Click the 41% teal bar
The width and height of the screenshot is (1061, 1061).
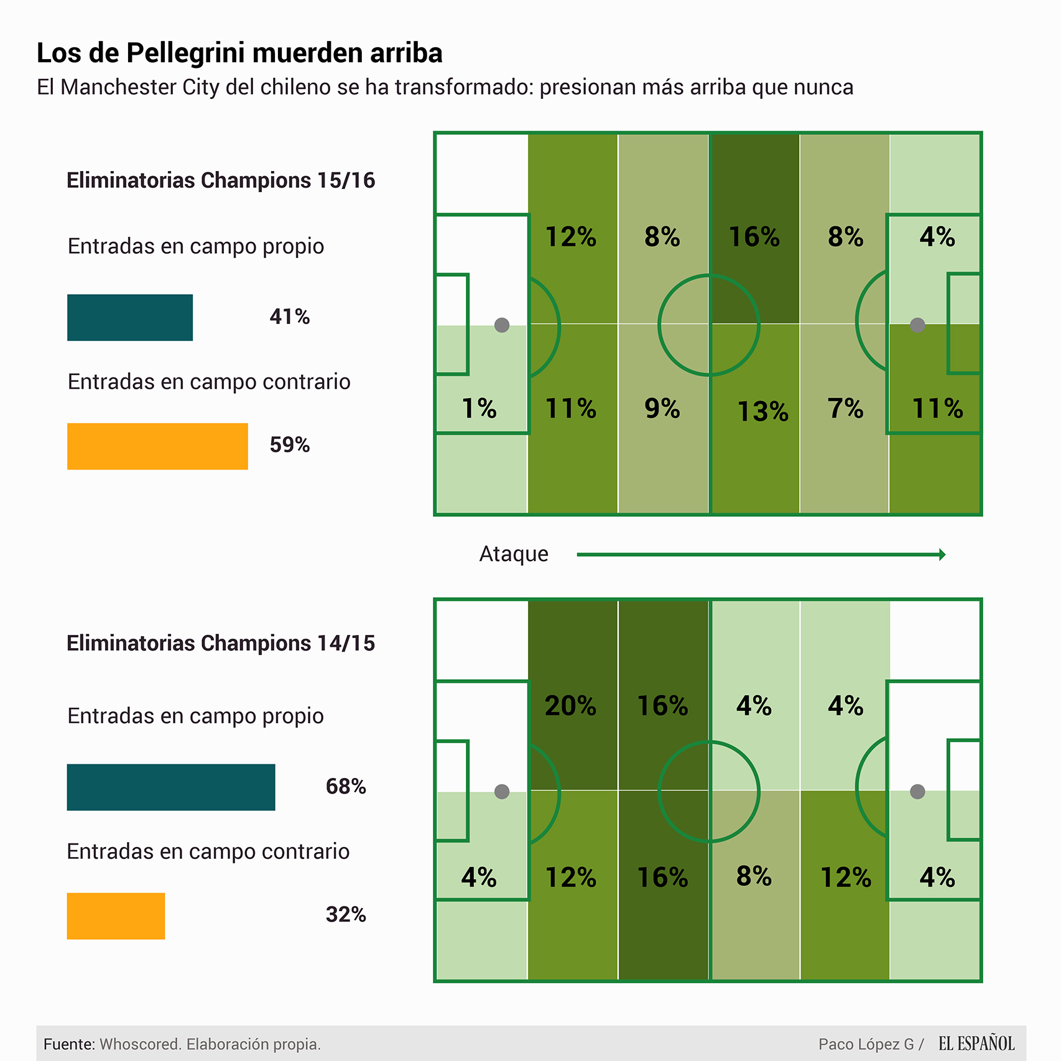130,317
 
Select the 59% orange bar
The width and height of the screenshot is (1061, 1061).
157,446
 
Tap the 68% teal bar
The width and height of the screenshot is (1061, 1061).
171,787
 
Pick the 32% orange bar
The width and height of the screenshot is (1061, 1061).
116,915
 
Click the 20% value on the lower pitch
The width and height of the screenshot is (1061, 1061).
570,706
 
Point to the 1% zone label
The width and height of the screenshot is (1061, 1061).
479,409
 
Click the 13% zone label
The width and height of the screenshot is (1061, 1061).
762,411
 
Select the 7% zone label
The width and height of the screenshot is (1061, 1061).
845,409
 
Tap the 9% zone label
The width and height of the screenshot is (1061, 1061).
662,409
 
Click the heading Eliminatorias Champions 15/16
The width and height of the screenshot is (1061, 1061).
221,180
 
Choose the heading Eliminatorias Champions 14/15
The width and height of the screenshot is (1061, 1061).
221,643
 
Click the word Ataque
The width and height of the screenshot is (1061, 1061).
514,554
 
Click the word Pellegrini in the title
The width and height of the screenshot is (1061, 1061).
187,53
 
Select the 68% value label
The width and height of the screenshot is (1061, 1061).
346,787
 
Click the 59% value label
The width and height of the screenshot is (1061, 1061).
290,445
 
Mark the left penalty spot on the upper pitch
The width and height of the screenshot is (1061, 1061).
502,325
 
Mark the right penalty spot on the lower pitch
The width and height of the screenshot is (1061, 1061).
917,791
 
